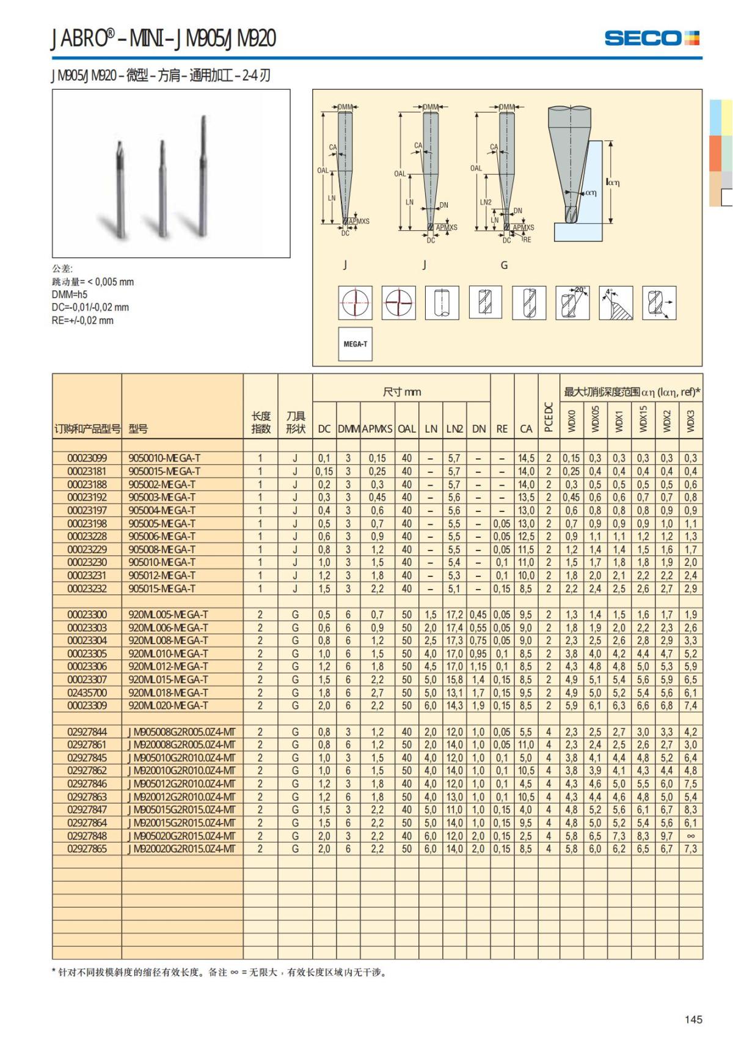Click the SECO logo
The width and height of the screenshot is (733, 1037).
click(x=651, y=38)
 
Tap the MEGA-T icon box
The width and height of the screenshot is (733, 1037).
click(x=355, y=344)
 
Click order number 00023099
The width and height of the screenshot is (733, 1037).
click(x=87, y=458)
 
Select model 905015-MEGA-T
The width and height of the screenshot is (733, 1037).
click(x=162, y=588)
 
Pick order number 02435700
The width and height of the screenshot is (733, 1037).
click(x=87, y=692)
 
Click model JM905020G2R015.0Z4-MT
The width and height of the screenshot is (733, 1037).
click(x=181, y=836)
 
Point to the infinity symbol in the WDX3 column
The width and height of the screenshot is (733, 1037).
click(x=690, y=836)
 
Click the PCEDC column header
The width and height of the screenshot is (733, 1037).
click(x=549, y=417)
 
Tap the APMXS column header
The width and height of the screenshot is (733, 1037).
click(x=377, y=429)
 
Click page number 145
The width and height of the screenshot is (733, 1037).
click(x=693, y=1019)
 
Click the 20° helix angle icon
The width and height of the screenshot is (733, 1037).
click(x=572, y=302)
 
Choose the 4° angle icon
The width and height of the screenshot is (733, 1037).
click(x=616, y=302)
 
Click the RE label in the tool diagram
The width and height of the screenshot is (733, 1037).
click(x=527, y=240)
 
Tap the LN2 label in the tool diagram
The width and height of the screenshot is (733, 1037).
click(x=486, y=202)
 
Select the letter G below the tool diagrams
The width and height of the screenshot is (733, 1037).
click(x=504, y=265)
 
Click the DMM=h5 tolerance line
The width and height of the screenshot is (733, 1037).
click(x=70, y=295)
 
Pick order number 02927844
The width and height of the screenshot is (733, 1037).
click(x=87, y=732)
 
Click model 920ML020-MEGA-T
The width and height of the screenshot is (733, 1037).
click(x=168, y=706)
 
